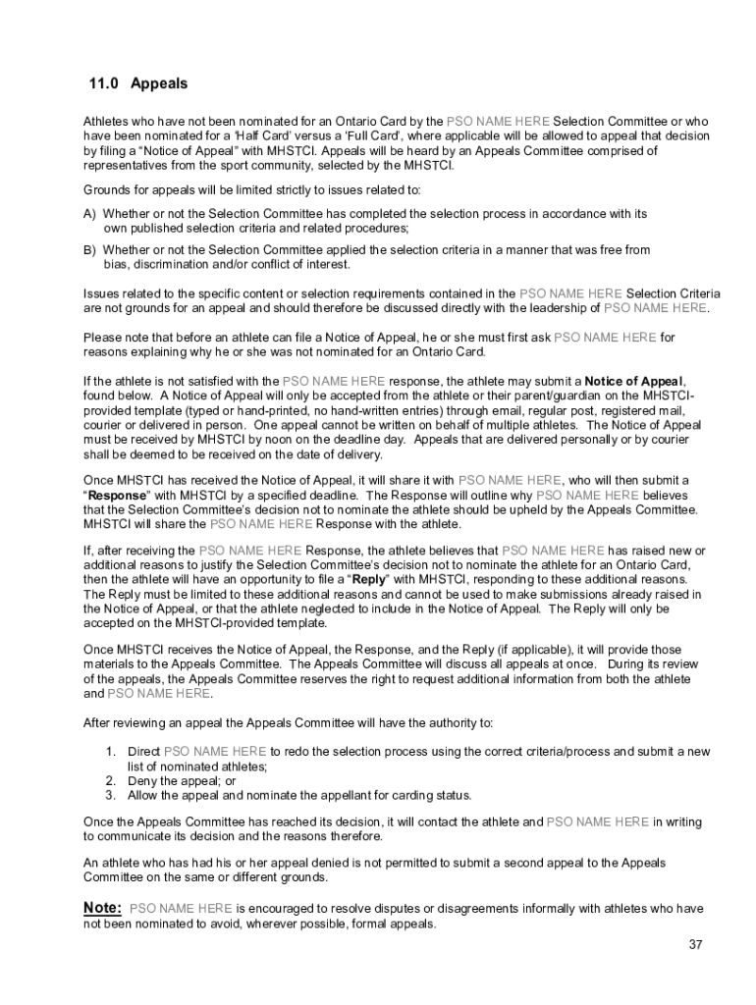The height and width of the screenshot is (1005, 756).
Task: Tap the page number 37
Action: (696, 945)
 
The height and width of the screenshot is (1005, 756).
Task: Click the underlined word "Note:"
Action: (103, 908)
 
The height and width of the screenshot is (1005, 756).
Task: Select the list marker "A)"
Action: (89, 213)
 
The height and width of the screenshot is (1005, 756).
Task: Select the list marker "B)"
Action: (89, 250)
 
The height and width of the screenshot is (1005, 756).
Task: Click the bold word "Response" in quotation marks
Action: (119, 495)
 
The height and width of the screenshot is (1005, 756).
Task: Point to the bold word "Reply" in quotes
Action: (368, 580)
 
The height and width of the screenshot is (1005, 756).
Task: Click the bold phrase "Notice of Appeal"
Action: (635, 381)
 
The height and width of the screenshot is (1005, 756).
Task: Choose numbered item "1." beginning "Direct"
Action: (112, 752)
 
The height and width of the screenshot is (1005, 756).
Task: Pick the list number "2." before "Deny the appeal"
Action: (112, 780)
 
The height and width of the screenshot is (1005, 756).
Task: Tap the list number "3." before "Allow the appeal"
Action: (112, 795)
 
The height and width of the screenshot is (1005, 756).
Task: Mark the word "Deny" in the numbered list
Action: (144, 780)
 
